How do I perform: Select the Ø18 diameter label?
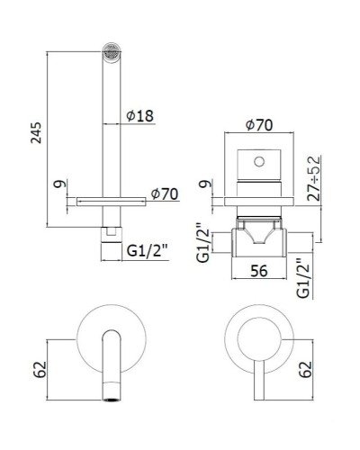coord(141,115)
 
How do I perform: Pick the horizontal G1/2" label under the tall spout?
coord(145,253)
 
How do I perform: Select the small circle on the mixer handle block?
coord(261,163)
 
